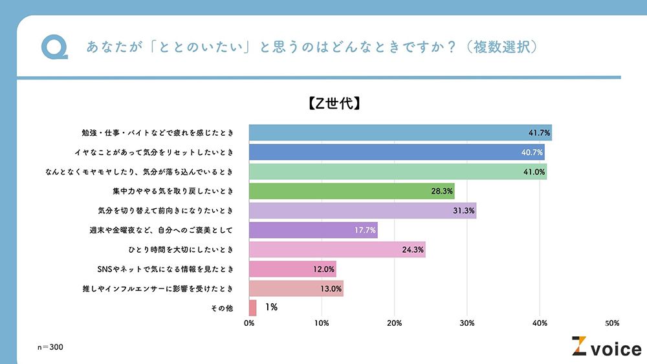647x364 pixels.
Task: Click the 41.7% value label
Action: click(539, 133)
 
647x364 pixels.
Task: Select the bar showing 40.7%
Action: click(397, 153)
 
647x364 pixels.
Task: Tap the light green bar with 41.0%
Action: click(398, 172)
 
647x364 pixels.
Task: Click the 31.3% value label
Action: click(464, 211)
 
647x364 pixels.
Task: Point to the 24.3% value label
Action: click(413, 250)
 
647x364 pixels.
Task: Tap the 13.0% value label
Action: click(331, 288)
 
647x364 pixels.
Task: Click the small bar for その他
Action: click(253, 308)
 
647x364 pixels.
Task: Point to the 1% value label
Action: click(271, 308)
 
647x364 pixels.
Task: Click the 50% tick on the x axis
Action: click(612, 323)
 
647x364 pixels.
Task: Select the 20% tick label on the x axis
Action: click(395, 323)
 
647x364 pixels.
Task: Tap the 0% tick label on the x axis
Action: click(249, 323)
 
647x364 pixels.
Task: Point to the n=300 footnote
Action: click(50, 348)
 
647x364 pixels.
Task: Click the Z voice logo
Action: click(606, 347)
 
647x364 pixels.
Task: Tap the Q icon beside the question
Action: click(54, 47)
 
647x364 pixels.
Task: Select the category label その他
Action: click(221, 308)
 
